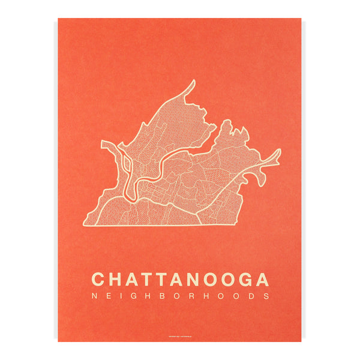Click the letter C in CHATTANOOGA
99,280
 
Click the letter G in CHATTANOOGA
245,280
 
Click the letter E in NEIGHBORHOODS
108,296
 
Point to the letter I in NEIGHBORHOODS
119,296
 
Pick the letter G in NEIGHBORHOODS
131,296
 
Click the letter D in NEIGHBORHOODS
252,296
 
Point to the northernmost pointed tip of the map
193,82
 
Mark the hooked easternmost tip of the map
278,151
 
